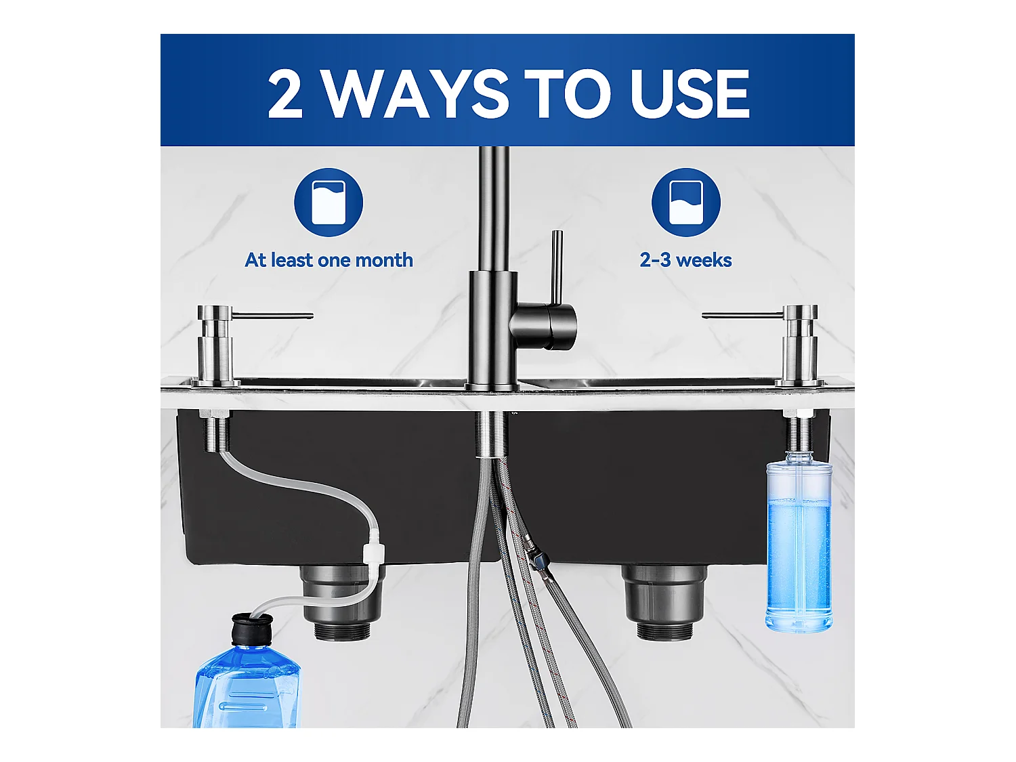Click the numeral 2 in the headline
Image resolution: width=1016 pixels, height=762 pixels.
(x=285, y=94)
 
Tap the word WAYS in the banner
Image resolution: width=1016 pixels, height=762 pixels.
(x=415, y=94)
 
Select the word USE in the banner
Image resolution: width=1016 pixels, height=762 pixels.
(x=689, y=94)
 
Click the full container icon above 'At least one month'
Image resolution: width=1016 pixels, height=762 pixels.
(x=329, y=202)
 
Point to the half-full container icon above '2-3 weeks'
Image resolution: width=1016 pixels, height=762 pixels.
(x=685, y=202)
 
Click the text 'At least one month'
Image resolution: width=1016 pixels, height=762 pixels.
(x=329, y=260)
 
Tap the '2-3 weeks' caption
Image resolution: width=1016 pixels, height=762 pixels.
(x=685, y=260)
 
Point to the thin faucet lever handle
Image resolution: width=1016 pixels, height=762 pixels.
(x=556, y=268)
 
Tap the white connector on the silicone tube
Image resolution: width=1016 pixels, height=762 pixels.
(x=372, y=546)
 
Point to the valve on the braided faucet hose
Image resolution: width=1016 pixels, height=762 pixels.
(x=538, y=559)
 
